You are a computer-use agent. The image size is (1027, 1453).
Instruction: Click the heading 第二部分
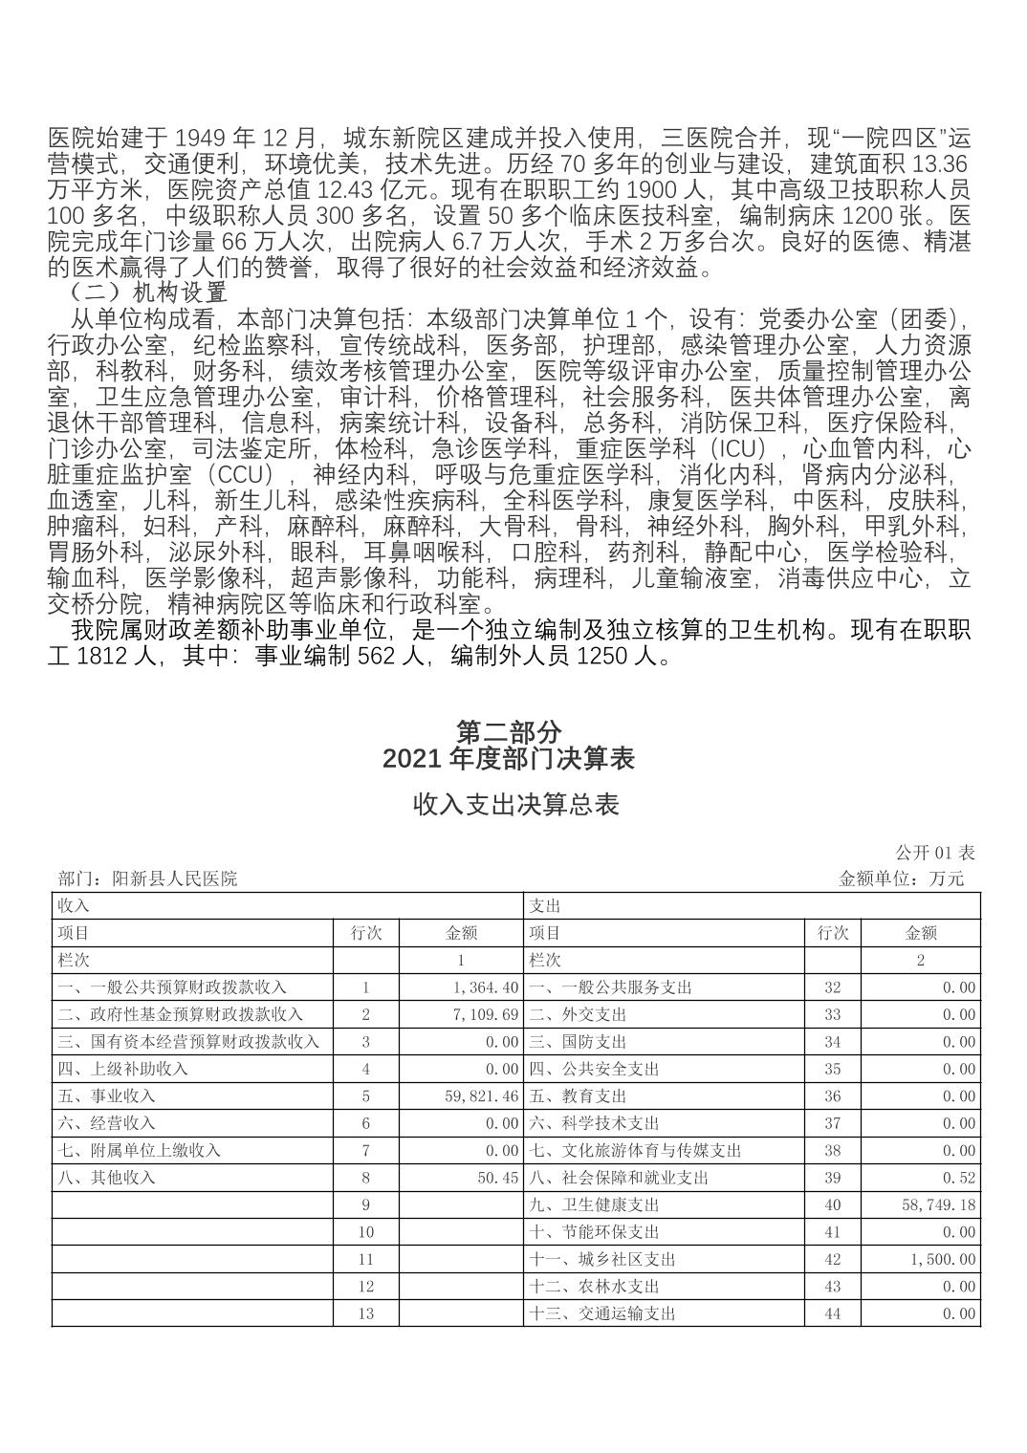(508, 732)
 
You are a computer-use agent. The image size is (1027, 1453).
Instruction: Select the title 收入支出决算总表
(515, 804)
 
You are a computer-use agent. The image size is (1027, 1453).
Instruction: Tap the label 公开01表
(934, 852)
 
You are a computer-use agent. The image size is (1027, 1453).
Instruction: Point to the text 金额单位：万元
(901, 878)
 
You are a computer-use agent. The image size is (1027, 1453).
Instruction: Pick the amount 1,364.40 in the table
(481, 987)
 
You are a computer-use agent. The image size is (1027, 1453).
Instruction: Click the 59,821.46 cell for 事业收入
(481, 1096)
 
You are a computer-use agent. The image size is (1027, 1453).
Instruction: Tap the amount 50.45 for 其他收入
(497, 1178)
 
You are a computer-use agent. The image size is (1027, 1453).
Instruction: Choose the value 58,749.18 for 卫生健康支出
(938, 1205)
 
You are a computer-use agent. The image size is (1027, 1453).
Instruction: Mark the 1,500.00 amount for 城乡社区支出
(943, 1260)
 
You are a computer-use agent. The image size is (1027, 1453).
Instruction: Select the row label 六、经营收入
(106, 1123)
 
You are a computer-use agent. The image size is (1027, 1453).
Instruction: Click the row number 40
(832, 1205)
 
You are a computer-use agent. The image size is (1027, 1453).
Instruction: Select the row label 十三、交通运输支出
(602, 1313)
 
